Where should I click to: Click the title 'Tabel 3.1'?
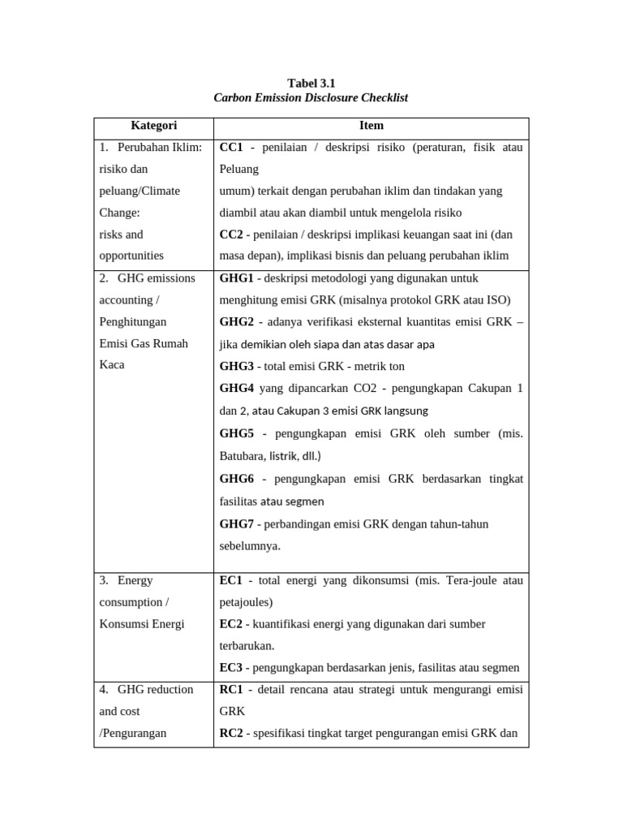coord(311,83)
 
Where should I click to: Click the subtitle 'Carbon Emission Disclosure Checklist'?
coord(311,97)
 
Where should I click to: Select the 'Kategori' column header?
coord(153,126)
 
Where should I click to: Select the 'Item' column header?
coord(371,126)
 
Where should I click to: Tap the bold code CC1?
coord(231,148)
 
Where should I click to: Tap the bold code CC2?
coord(231,235)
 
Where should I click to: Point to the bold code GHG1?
coord(237,278)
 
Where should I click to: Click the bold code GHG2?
coord(237,322)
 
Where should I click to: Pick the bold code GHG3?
coord(237,366)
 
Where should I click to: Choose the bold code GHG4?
coord(237,388)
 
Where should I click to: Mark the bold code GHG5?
coord(237,434)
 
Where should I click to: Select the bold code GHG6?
coord(237,480)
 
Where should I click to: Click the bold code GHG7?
coord(237,524)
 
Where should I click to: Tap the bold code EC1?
coord(231,581)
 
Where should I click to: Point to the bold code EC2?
coord(231,624)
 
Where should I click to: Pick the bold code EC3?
coord(231,668)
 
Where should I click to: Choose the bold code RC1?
coord(231,690)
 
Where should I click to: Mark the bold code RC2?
coord(231,734)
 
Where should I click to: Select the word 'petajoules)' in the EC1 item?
coord(247,603)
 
